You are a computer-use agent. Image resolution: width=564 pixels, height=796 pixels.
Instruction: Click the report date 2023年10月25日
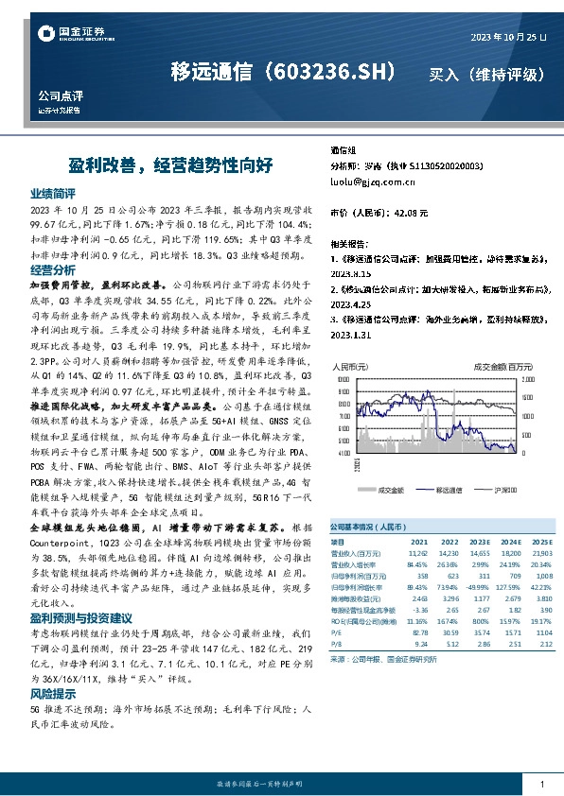(x=509, y=36)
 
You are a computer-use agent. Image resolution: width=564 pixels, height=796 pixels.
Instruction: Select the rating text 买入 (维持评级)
(x=487, y=73)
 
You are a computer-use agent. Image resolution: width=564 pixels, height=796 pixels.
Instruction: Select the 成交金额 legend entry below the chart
(x=391, y=491)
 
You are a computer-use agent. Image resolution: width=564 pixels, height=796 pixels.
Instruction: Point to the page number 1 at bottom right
(x=542, y=784)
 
